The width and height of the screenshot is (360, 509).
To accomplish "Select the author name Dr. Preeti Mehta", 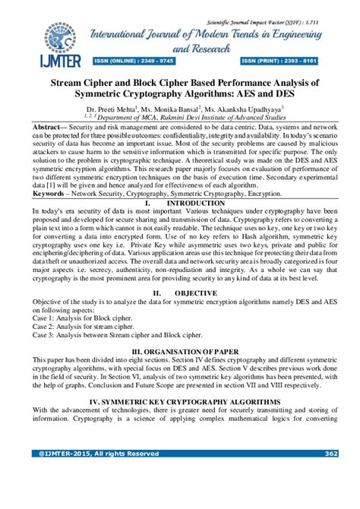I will point(116,109).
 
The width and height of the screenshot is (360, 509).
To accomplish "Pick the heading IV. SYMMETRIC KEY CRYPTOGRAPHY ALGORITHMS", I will point(180,400).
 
